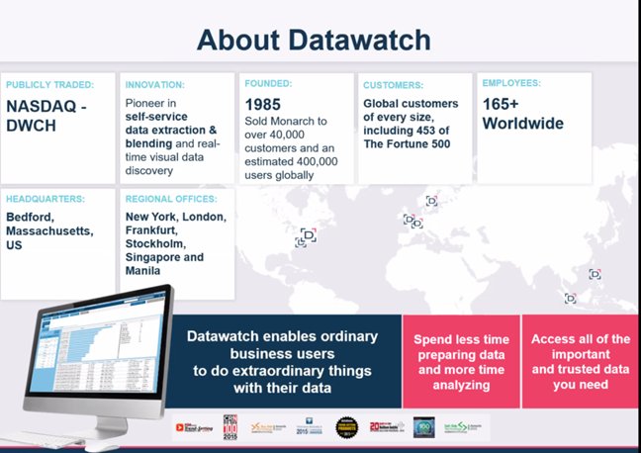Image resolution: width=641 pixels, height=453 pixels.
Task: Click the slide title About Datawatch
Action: (314, 40)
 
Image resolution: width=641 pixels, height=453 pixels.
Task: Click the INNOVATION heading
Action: (155, 85)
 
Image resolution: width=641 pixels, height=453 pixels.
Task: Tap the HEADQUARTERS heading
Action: (46, 198)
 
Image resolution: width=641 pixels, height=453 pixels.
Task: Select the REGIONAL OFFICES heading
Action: (170, 198)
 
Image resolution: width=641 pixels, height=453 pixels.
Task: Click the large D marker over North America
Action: (308, 235)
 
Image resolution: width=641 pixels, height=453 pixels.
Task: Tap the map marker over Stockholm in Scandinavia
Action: (431, 201)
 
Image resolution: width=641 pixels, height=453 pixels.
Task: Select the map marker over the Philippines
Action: (595, 274)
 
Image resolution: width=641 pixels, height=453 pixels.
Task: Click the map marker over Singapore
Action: (570, 298)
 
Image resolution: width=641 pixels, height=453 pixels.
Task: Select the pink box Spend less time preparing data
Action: (460, 362)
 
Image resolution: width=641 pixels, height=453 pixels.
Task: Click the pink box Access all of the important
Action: (580, 360)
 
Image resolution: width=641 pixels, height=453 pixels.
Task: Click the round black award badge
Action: (345, 426)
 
